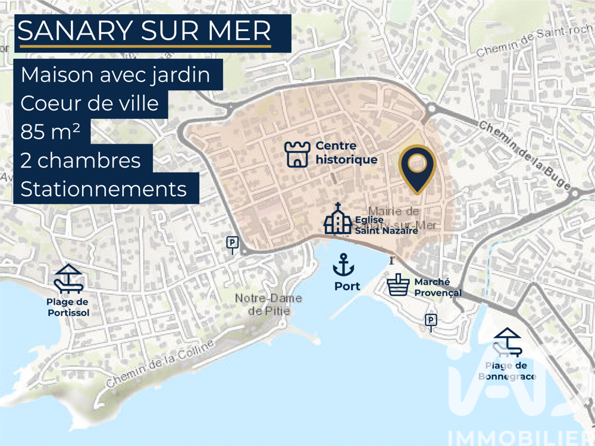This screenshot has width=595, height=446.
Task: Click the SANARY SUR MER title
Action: coord(144,31)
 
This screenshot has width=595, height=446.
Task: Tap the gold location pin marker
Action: coord(417,167)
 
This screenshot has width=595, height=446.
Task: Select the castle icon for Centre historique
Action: coord(297,154)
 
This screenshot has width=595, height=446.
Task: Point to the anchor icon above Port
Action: coord(343,264)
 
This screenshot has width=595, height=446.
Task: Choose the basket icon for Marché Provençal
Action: coord(398,285)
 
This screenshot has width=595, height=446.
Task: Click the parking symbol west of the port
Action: coord(232,243)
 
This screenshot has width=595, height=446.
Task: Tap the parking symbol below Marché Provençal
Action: coord(431,321)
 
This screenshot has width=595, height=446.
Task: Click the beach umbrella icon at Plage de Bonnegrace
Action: coord(508,342)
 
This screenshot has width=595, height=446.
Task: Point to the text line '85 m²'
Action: coord(51,132)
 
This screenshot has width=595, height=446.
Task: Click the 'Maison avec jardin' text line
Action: coord(115,75)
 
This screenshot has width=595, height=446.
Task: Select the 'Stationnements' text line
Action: coord(104,189)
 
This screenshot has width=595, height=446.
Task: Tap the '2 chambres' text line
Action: coord(80,161)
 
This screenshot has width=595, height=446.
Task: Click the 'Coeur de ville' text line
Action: coord(90,103)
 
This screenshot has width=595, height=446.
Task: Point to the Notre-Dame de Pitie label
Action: coord(268,304)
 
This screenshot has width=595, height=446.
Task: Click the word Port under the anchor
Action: coord(347,286)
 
